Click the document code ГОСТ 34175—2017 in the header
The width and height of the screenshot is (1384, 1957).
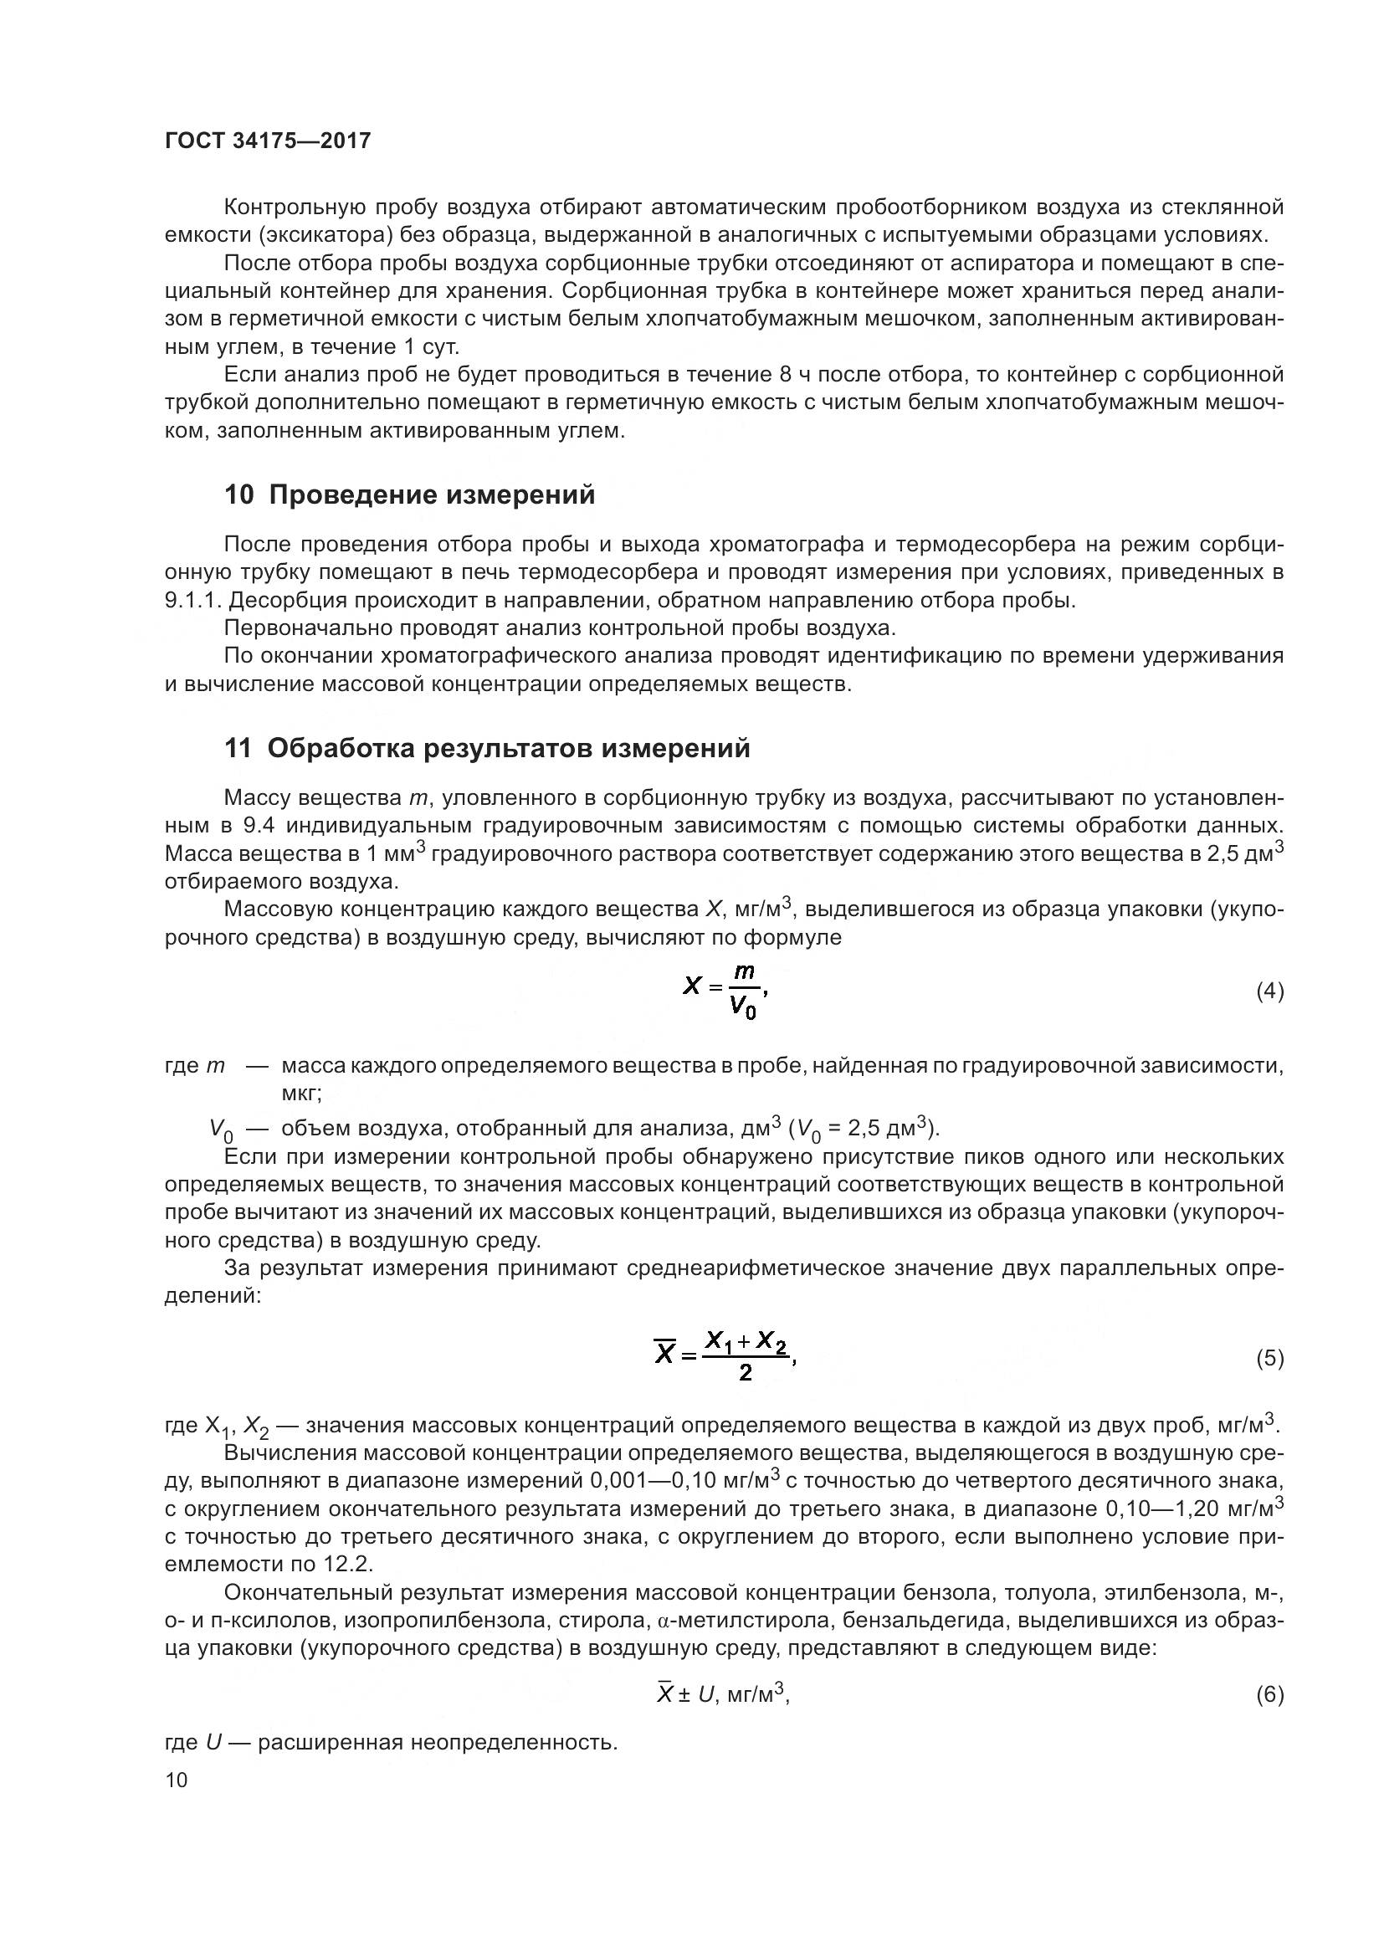pos(268,141)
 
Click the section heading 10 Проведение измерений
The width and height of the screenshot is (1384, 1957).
pos(409,495)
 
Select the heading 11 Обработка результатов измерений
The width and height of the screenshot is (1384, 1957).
pos(487,748)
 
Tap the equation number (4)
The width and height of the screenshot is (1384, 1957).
pos(1270,991)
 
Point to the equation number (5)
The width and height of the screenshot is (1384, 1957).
pos(1270,1359)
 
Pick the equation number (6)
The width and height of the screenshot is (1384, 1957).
pos(1270,1694)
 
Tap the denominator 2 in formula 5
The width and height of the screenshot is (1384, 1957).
pos(746,1373)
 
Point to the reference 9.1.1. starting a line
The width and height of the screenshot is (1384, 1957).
pos(193,601)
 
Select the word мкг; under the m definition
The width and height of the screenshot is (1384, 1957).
pos(301,1093)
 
